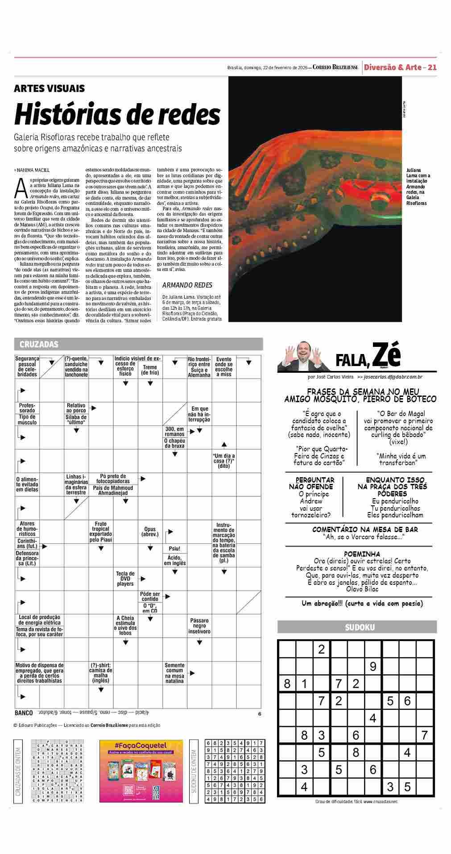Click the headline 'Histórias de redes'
(117, 114)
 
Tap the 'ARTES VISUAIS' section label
(49, 89)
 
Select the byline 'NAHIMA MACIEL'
(33, 170)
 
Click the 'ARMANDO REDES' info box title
(187, 285)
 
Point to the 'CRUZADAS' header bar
(39, 344)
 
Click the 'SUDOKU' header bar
(360, 627)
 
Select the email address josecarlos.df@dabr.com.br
(393, 377)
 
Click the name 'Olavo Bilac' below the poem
(361, 589)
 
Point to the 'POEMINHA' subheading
(362, 554)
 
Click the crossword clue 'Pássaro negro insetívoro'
(199, 626)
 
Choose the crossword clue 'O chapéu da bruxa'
(174, 443)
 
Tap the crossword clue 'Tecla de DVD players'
(125, 579)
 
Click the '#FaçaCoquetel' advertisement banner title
(141, 746)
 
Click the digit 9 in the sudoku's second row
(373, 667)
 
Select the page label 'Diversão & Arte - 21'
(400, 67)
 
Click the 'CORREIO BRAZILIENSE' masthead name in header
(335, 67)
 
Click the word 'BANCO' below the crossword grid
(24, 713)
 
